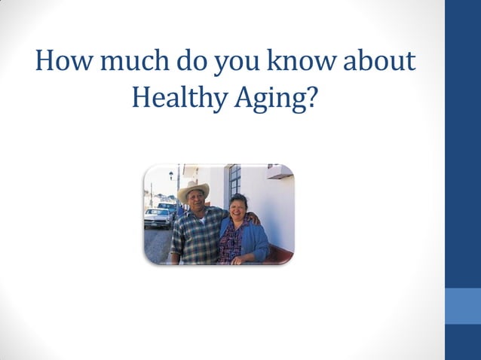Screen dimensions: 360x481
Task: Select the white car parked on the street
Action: click(157, 218)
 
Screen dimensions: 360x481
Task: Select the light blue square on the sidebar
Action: click(463, 305)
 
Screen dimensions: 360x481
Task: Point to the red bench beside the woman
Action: click(280, 254)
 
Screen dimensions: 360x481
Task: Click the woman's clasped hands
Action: click(240, 258)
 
